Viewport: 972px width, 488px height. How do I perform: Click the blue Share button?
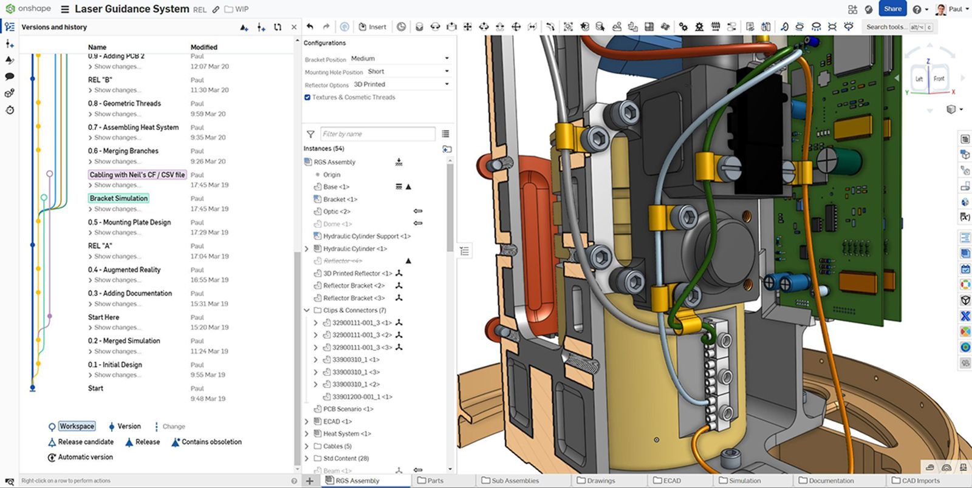[892, 8]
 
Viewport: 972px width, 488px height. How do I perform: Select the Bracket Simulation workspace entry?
[118, 198]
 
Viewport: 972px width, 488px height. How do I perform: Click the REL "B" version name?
[100, 80]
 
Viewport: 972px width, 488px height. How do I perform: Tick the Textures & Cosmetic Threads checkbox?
[307, 97]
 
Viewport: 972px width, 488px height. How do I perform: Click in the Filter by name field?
[377, 134]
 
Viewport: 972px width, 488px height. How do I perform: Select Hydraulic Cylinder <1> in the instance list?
[355, 249]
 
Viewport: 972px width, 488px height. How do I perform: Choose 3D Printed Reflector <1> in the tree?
[357, 273]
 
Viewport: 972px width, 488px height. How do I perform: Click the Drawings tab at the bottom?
[600, 480]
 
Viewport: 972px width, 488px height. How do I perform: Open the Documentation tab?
[830, 480]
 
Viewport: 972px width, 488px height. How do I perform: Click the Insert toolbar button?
[372, 27]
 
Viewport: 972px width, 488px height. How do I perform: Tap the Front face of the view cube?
[939, 79]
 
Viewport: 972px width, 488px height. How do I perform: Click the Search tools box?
[887, 27]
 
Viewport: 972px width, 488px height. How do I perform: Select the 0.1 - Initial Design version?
[115, 365]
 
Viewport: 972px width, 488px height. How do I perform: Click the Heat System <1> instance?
[347, 433]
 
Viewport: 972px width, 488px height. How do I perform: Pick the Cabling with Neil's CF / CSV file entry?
[137, 175]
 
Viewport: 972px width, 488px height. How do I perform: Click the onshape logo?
[29, 8]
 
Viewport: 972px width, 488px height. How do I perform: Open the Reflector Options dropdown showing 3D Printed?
[401, 84]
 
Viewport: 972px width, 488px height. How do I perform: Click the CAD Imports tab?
[920, 480]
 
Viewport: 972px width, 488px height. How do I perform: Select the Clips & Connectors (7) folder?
[354, 310]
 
